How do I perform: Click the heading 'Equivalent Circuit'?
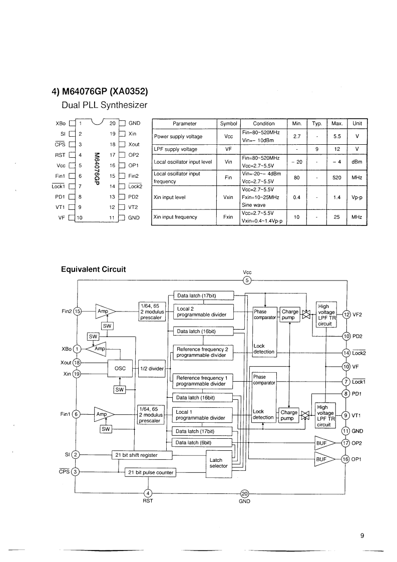(x=93, y=269)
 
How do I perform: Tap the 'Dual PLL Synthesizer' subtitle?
(x=104, y=105)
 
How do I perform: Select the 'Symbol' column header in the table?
(x=228, y=124)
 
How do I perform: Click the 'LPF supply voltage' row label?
(x=175, y=149)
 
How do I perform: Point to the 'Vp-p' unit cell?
(x=356, y=197)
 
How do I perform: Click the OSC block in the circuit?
(x=120, y=369)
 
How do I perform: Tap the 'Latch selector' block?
(x=219, y=463)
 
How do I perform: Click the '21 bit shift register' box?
(x=136, y=455)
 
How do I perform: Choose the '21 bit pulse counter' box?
(x=151, y=472)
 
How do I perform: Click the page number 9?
(x=362, y=535)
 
